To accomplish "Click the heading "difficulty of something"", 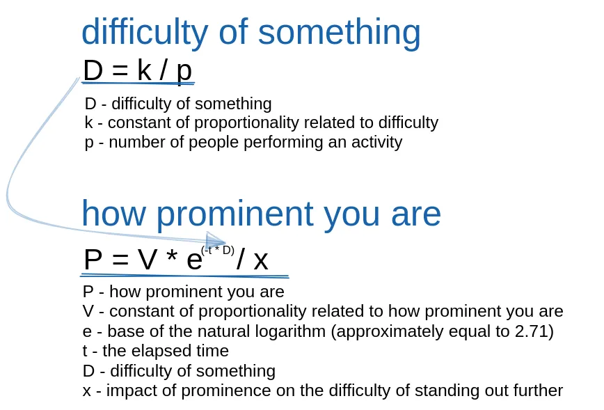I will [251, 32].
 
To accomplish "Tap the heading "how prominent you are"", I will [261, 213].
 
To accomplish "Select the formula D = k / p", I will [137, 70].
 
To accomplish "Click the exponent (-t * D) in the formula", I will [217, 251].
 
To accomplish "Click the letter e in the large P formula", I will [194, 260].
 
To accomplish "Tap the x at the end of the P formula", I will [260, 260].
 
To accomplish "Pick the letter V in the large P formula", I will [148, 260].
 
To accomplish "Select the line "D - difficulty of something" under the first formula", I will [178, 104].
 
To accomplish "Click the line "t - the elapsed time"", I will [155, 351].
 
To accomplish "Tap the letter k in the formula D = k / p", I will [144, 70].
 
